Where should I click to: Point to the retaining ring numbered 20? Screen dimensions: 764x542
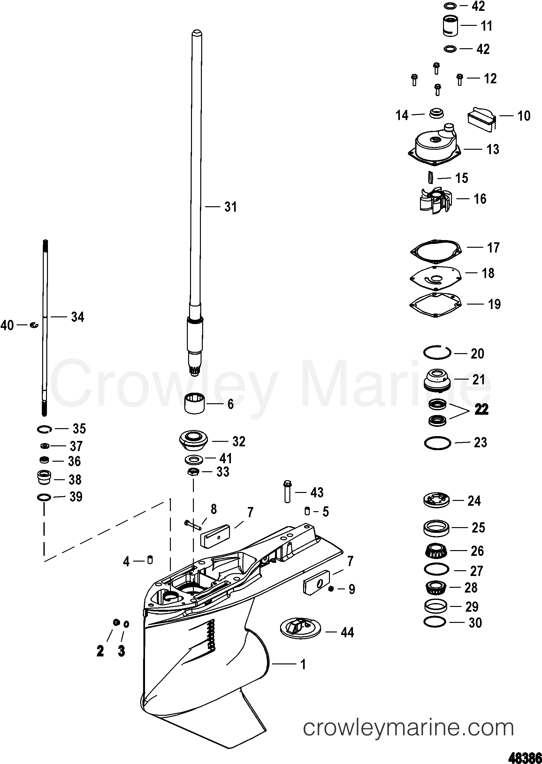(x=437, y=352)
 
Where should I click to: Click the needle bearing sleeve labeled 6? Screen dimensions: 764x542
(x=195, y=403)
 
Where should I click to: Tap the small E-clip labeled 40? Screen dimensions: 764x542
(x=34, y=325)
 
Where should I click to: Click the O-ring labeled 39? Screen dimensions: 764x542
(x=44, y=498)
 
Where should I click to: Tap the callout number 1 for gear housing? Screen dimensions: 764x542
(x=303, y=665)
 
